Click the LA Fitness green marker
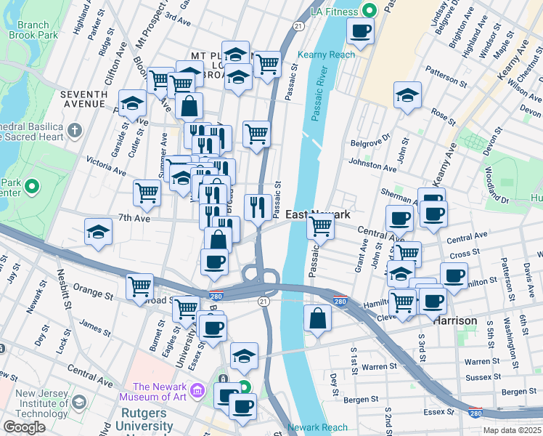[x=370, y=11]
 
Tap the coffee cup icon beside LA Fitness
[x=360, y=31]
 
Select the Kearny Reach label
[x=326, y=54]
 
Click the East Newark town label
[x=317, y=214]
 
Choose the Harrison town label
[x=455, y=320]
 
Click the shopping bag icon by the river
[x=317, y=318]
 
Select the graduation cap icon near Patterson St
[x=408, y=95]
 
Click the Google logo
[x=24, y=427]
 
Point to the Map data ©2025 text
[x=511, y=430]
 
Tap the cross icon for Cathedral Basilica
[x=75, y=132]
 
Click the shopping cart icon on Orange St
[x=139, y=286]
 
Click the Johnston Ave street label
[x=372, y=164]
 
